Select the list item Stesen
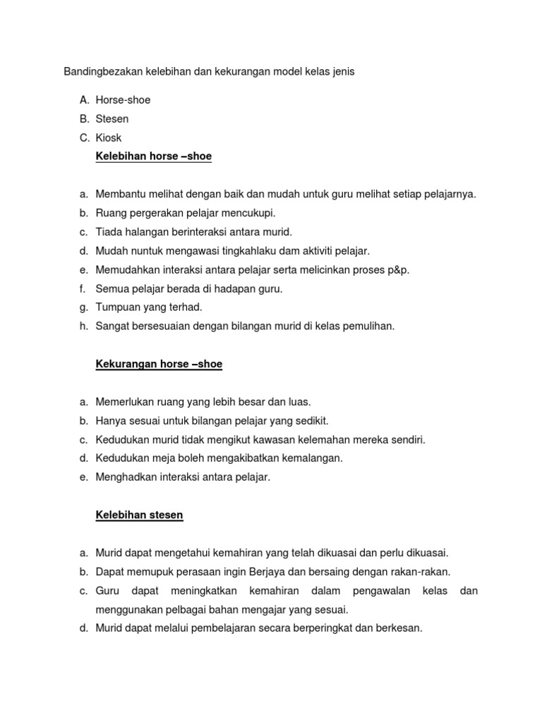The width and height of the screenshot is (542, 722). [112, 119]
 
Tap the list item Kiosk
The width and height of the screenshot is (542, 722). [109, 137]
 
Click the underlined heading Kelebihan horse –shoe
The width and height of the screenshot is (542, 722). [153, 157]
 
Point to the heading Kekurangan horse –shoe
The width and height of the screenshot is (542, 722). [159, 365]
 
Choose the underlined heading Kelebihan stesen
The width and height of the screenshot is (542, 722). [139, 515]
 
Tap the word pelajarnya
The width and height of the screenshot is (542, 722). [449, 194]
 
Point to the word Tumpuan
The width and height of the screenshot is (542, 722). [116, 307]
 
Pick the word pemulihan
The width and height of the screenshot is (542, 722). [370, 326]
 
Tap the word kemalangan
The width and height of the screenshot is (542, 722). [312, 458]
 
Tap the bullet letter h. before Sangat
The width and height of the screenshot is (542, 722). [83, 326]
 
